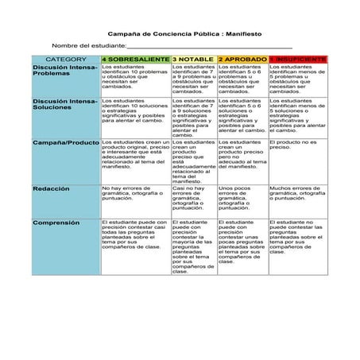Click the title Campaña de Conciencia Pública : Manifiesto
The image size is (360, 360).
point(180,35)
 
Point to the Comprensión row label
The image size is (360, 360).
point(54,223)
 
